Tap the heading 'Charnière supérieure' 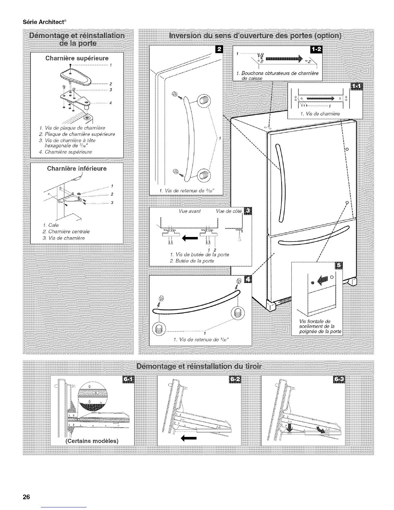click(x=77, y=58)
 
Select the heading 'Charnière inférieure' click(x=77, y=168)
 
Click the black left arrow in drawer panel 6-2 click(x=188, y=438)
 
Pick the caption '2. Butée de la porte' click(x=192, y=261)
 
